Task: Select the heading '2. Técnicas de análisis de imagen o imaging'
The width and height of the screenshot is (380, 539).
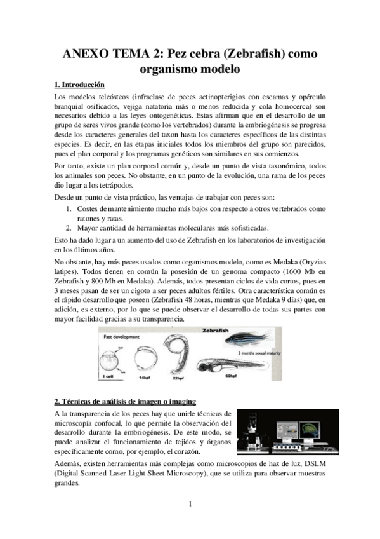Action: pyautogui.click(x=125, y=401)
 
